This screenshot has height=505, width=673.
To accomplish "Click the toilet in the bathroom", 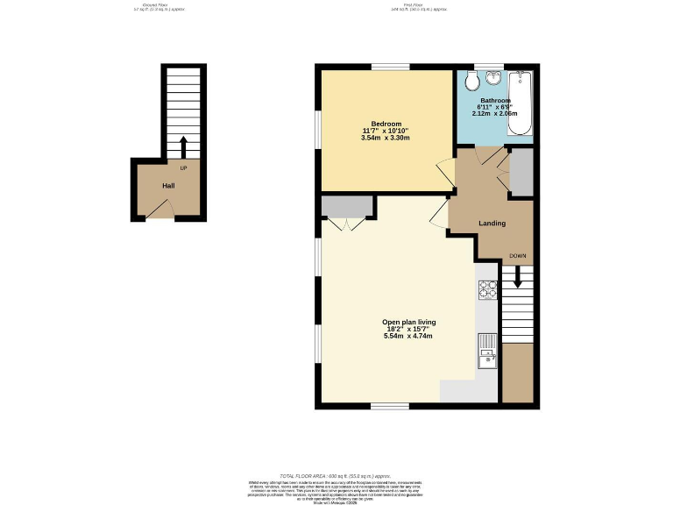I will (x=472, y=82).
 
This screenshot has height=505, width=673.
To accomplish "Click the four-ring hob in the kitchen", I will (x=487, y=290).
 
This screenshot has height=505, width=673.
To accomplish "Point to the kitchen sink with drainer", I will (x=486, y=350).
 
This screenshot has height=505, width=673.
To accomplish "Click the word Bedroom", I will (x=386, y=123).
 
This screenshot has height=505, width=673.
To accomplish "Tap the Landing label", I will (x=492, y=223).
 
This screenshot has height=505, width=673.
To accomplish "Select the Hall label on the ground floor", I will (x=168, y=186).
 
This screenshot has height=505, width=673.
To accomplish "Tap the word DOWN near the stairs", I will (x=518, y=256).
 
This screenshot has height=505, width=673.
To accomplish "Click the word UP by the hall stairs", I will (x=183, y=167).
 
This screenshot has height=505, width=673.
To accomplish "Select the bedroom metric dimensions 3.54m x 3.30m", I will (x=386, y=138).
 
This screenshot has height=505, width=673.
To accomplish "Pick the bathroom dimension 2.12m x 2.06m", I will (x=494, y=114).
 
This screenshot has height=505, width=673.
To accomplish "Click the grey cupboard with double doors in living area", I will (x=347, y=206).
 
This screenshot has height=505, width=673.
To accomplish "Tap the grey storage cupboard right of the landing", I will (x=520, y=173).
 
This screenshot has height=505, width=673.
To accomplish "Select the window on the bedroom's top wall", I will (x=385, y=68).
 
